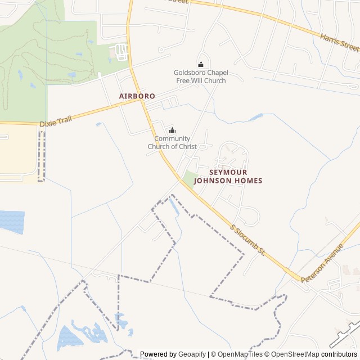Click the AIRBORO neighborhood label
[137, 96]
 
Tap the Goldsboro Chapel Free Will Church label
[200, 76]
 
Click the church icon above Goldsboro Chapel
[201, 64]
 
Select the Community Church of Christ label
[172, 142]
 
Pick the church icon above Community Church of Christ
[173, 130]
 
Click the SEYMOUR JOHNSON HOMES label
[228, 176]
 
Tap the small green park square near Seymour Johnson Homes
[190, 178]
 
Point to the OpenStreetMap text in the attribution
[296, 354]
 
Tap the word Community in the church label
[172, 138]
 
